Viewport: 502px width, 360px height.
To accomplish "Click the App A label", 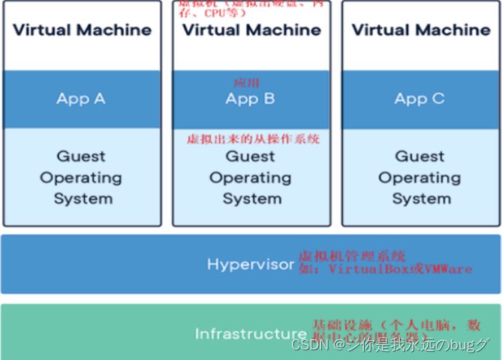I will tap(81, 98).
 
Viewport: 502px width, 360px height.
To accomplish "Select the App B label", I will tap(251, 98).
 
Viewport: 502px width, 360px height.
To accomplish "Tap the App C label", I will tap(419, 98).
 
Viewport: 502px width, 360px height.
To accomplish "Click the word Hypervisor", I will tap(251, 264).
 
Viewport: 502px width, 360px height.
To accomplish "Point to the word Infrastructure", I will tap(251, 334).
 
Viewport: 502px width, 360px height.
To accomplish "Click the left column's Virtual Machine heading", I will tap(82, 30).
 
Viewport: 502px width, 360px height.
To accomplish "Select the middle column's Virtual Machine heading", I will tap(251, 30).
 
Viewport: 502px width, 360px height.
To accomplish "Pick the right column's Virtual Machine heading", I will tap(420, 30).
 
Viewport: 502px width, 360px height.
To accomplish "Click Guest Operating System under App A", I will tap(82, 178).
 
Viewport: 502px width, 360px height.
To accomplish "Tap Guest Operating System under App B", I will tap(251, 178).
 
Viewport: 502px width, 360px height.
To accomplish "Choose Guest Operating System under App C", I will tap(420, 178).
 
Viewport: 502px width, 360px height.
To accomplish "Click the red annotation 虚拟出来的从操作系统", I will tap(253, 139).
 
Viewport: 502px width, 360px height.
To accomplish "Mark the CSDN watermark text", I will tap(308, 345).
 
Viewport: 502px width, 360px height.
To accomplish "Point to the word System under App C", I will tap(421, 199).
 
